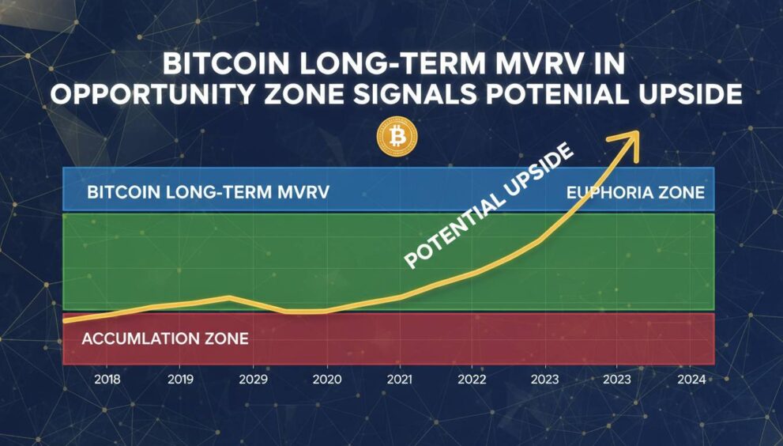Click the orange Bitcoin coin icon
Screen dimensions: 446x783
397,138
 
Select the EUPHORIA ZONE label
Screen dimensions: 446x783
635,192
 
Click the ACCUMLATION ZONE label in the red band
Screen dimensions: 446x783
165,339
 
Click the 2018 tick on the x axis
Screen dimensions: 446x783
107,379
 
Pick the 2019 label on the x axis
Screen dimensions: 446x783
180,379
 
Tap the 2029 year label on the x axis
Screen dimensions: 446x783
254,379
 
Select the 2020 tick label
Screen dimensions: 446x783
327,379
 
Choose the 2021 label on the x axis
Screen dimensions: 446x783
400,379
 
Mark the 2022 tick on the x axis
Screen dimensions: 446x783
472,379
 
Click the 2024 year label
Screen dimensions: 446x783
691,379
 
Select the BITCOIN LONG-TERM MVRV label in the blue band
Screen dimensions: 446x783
208,192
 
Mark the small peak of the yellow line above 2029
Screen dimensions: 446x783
229,297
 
